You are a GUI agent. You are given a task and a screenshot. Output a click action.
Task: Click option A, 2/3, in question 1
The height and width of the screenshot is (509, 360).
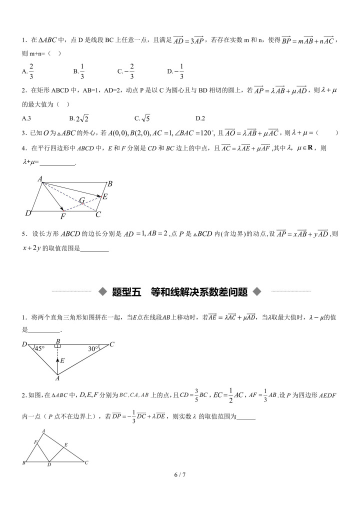click(x=28, y=71)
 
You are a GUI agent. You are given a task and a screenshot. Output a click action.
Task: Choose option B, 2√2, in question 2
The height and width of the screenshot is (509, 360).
click(x=79, y=118)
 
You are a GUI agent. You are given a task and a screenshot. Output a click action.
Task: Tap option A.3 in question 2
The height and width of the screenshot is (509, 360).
click(x=27, y=118)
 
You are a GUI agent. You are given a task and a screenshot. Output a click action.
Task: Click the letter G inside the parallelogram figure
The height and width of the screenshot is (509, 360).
click(x=82, y=200)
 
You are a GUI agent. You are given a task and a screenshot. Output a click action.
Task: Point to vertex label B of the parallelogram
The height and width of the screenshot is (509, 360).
click(x=110, y=184)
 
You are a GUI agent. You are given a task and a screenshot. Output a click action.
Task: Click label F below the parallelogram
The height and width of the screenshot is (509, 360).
click(x=63, y=216)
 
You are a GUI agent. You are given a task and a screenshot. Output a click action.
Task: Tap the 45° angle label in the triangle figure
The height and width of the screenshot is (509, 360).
click(x=39, y=348)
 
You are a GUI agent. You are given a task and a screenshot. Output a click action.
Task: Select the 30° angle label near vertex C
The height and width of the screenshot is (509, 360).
click(x=93, y=348)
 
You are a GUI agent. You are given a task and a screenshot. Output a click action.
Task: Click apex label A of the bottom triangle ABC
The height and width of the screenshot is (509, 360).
click(x=44, y=430)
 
